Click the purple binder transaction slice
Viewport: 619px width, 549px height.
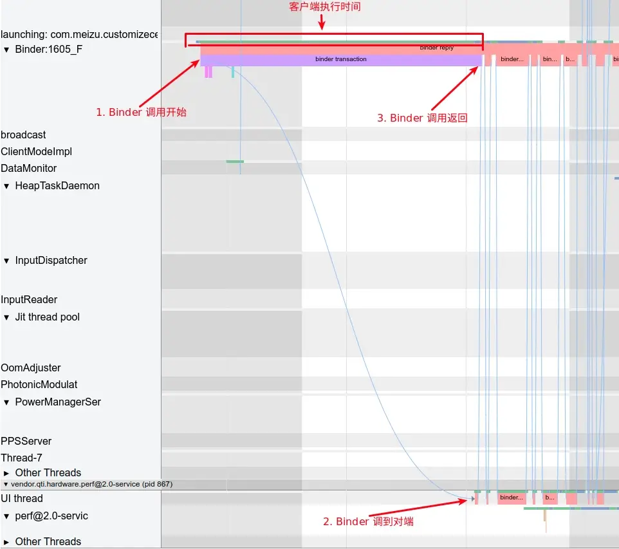click(x=341, y=59)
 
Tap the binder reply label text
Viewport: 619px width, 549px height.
click(x=437, y=48)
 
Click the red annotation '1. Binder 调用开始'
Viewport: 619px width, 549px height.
click(x=141, y=112)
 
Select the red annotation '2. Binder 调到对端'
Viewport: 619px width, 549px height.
click(x=368, y=521)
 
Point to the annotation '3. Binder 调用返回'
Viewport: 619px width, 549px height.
click(x=422, y=118)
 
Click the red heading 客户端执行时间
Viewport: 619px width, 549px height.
click(x=324, y=7)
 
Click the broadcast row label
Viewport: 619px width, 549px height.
click(x=23, y=135)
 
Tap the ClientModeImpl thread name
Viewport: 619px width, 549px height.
click(x=36, y=151)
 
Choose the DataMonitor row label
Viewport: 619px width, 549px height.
click(x=29, y=168)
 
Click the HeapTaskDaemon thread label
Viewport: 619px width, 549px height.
click(x=57, y=185)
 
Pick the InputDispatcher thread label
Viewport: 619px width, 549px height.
click(x=51, y=260)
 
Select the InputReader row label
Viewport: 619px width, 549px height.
click(x=29, y=299)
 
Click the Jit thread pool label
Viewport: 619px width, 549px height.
click(x=48, y=317)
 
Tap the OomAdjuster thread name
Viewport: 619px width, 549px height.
click(x=31, y=368)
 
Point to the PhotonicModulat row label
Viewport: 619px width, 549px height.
click(x=39, y=384)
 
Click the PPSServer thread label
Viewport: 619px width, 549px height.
click(x=26, y=441)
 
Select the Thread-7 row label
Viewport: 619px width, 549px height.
click(x=21, y=458)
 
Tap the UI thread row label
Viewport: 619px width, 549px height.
click(x=22, y=498)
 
